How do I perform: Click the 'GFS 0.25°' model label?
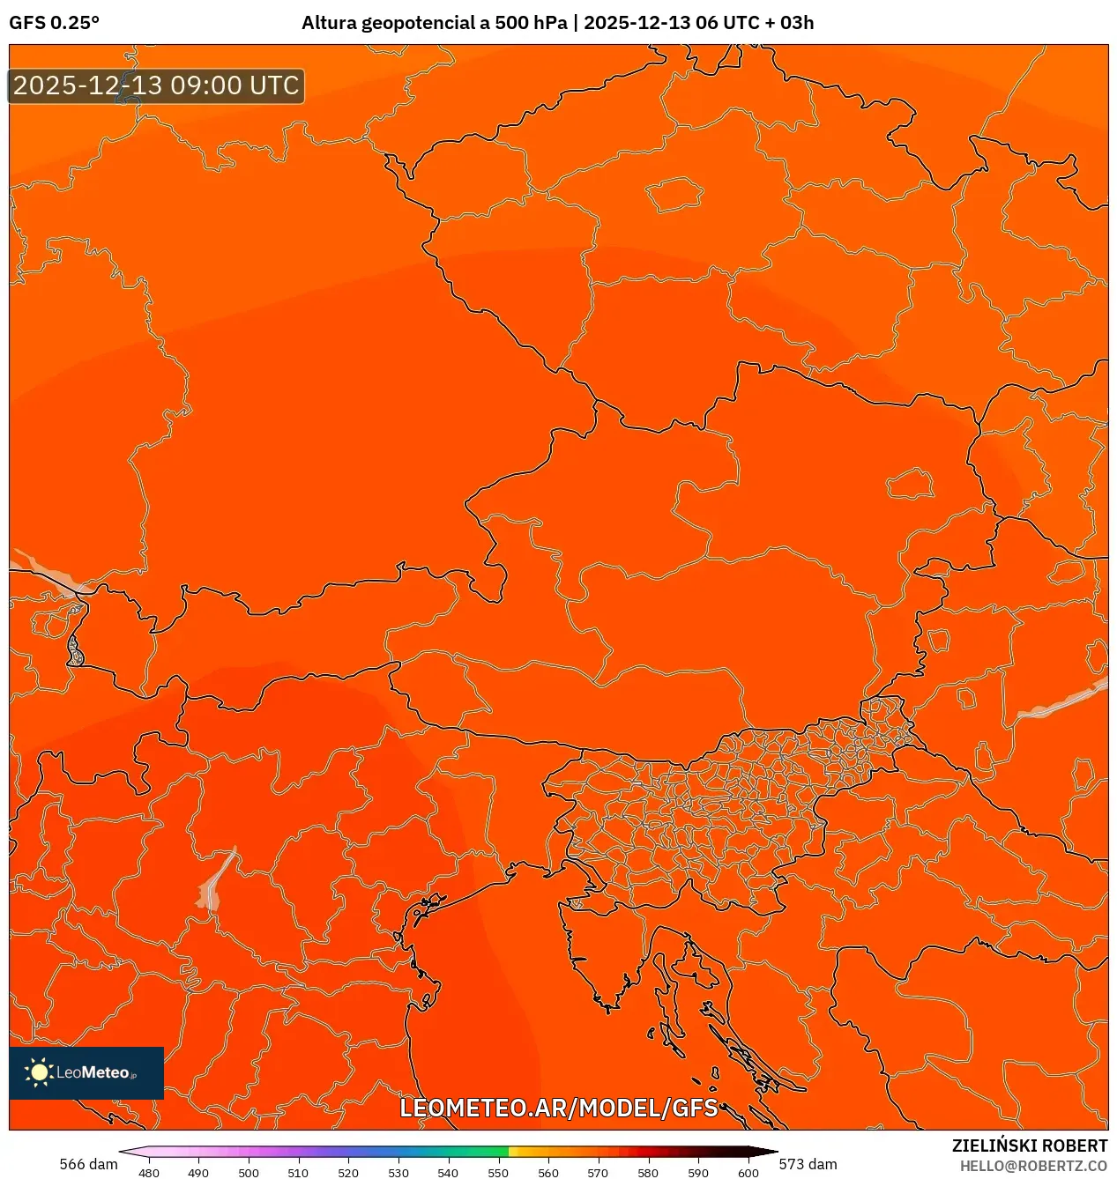tap(55, 23)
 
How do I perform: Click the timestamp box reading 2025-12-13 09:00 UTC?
tap(156, 85)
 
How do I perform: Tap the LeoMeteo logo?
tap(86, 1072)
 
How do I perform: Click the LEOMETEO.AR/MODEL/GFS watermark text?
tap(559, 1108)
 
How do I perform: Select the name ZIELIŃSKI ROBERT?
tap(1029, 1146)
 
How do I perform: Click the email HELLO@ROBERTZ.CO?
tap(1033, 1166)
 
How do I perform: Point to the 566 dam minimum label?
tap(88, 1164)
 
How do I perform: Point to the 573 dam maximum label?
tap(808, 1164)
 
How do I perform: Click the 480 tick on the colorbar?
tap(149, 1172)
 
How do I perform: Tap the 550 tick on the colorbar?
tap(498, 1172)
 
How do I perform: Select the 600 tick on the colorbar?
tap(748, 1172)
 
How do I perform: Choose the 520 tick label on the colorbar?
tap(348, 1172)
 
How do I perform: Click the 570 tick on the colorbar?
tap(598, 1172)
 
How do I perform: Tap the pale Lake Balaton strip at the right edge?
tap(1062, 701)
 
